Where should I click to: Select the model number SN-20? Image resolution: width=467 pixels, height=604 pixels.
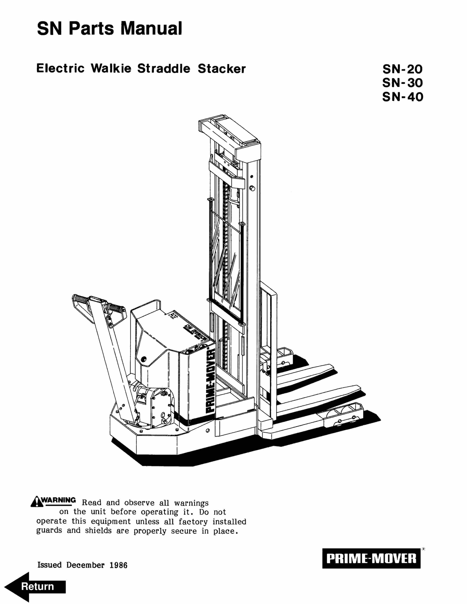(x=403, y=69)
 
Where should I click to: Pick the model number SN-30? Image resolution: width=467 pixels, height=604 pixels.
(x=403, y=83)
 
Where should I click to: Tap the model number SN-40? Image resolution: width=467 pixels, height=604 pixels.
(x=403, y=97)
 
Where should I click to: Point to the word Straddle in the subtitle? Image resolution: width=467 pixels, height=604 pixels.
(x=164, y=69)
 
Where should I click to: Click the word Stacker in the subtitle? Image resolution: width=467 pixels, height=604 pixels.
(x=222, y=69)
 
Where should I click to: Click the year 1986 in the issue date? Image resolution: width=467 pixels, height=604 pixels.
(x=118, y=565)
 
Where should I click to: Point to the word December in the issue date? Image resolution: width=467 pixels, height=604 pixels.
(x=85, y=565)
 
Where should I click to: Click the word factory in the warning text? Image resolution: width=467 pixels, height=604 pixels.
(x=193, y=522)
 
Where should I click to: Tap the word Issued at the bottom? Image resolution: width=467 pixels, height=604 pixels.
(x=50, y=565)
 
